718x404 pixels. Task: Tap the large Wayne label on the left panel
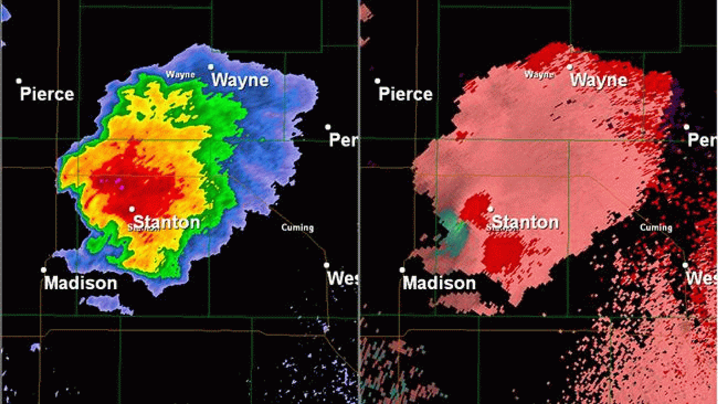coord(240,80)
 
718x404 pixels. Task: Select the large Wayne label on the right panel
coord(599,80)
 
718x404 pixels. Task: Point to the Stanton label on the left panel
coord(167,222)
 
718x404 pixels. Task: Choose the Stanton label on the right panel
coord(525,222)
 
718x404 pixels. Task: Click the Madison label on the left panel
coord(81,283)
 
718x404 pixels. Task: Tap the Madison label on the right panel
coord(439,283)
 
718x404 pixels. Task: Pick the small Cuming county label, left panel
coord(297,228)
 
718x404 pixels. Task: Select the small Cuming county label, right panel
coord(656,228)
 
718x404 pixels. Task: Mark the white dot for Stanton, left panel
coord(132,209)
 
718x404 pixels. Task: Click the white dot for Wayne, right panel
coord(570,67)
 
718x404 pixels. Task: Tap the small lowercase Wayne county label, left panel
coord(180,75)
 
